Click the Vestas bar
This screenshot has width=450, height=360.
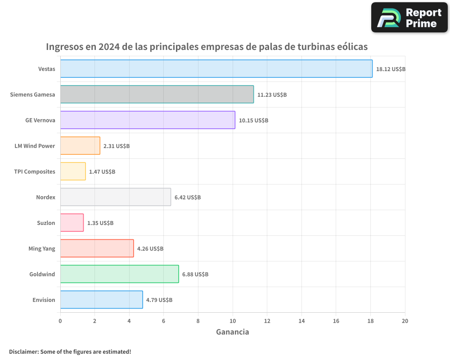pos(216,69)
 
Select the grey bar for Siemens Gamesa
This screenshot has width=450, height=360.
pos(157,94)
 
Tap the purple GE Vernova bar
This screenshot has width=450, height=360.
pos(148,120)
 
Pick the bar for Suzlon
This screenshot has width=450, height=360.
pos(72,223)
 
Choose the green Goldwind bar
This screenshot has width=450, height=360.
pos(119,274)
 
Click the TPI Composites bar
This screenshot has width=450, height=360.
pos(73,171)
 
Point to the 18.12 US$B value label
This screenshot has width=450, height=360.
pos(391,69)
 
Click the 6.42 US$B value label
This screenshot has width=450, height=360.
pos(187,198)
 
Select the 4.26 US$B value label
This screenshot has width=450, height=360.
pos(150,249)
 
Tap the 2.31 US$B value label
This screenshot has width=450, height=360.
pos(116,146)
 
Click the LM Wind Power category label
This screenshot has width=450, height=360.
pos(35,146)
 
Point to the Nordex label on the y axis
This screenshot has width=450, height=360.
pos(45,197)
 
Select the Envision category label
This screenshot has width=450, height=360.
pos(44,300)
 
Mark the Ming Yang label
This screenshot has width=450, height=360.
pos(42,248)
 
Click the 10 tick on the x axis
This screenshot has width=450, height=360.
pos(233,321)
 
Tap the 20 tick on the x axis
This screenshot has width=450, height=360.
pos(405,321)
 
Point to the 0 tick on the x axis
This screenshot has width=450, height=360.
pos(60,321)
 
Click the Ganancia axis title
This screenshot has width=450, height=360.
pos(232,332)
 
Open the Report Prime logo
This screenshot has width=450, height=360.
pos(409,18)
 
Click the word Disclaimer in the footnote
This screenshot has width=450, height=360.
pos(23,351)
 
